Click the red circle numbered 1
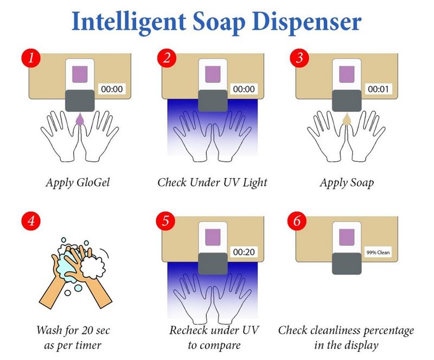pos(31,58)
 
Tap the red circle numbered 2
pos(167,58)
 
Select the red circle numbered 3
pos(299,58)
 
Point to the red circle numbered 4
pos(31,221)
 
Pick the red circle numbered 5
pos(165,221)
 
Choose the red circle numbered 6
pos(297,221)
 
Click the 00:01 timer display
pos(378,89)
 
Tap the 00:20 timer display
pos(244,252)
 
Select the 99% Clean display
pos(378,252)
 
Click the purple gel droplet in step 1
pos(80,119)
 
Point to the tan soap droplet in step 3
pos(347,119)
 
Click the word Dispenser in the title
pos(307,22)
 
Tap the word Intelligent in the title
pos(129,22)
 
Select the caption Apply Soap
pos(347,183)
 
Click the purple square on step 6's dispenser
pos(347,237)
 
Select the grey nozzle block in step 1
pos(80,100)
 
